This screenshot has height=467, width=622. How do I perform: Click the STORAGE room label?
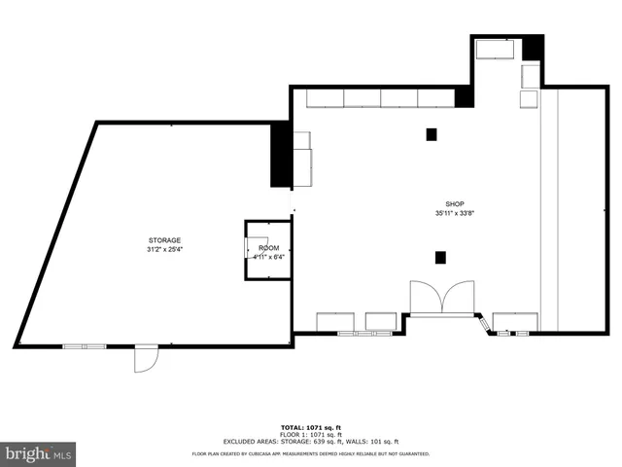click(x=164, y=239)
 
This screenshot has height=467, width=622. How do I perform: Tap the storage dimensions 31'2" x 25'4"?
click(x=164, y=248)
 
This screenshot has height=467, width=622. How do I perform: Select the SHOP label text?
click(x=454, y=204)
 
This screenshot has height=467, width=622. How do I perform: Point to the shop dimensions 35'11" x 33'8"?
click(x=454, y=213)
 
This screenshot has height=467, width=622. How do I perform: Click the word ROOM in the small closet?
click(x=268, y=249)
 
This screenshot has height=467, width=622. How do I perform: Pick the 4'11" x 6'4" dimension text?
click(x=268, y=258)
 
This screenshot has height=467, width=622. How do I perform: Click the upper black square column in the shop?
click(x=432, y=134)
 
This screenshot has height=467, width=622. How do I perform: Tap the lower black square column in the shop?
click(x=440, y=257)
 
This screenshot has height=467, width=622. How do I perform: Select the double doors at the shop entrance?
click(x=442, y=298)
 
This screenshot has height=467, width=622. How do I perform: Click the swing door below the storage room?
click(x=144, y=360)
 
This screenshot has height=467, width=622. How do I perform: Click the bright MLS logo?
click(x=39, y=452)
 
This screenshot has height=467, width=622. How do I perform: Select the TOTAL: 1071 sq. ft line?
click(x=311, y=427)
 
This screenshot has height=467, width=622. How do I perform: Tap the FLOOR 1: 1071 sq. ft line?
click(x=311, y=434)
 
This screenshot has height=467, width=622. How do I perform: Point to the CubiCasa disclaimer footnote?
click(x=311, y=453)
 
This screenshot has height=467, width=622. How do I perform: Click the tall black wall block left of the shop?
click(x=280, y=156)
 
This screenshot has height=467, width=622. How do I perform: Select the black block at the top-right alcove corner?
click(x=533, y=50)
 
